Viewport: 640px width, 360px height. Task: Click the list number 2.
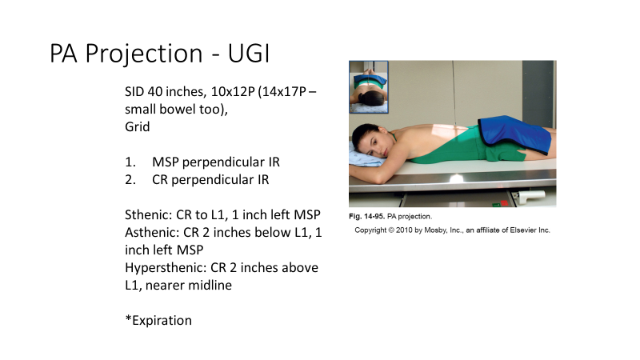click(128, 180)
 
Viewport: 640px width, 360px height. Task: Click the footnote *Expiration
click(158, 320)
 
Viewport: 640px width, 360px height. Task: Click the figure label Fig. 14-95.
click(370, 217)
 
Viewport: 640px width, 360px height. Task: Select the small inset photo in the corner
click(368, 86)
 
